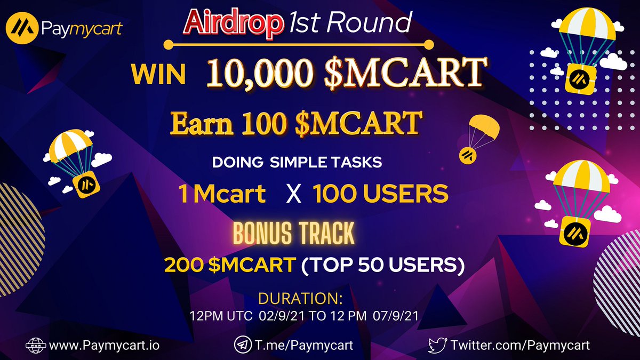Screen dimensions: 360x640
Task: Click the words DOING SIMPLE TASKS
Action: [x=297, y=163]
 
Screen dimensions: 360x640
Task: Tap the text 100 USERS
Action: [x=380, y=195]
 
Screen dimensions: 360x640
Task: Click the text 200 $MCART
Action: [x=230, y=265]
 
